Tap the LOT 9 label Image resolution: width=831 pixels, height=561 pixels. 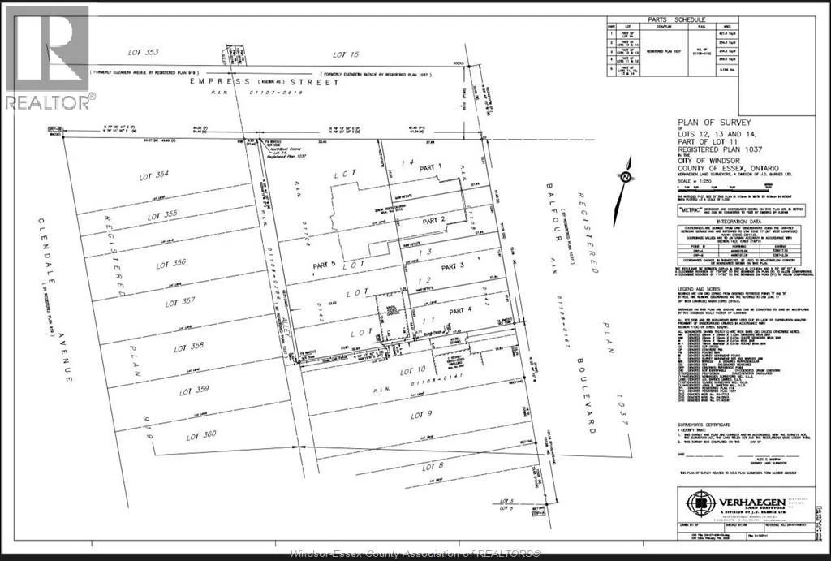point(421,415)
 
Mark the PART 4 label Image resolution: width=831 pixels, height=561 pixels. point(459,310)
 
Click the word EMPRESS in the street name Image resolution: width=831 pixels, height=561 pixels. point(213,82)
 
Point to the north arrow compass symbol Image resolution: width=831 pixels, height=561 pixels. point(626,179)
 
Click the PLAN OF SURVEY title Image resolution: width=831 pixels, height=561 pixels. point(706,123)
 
